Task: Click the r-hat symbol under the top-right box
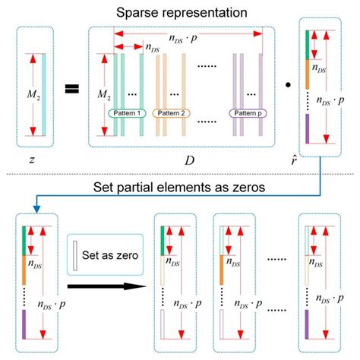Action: (x=315, y=160)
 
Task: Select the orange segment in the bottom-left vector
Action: (x=26, y=257)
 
